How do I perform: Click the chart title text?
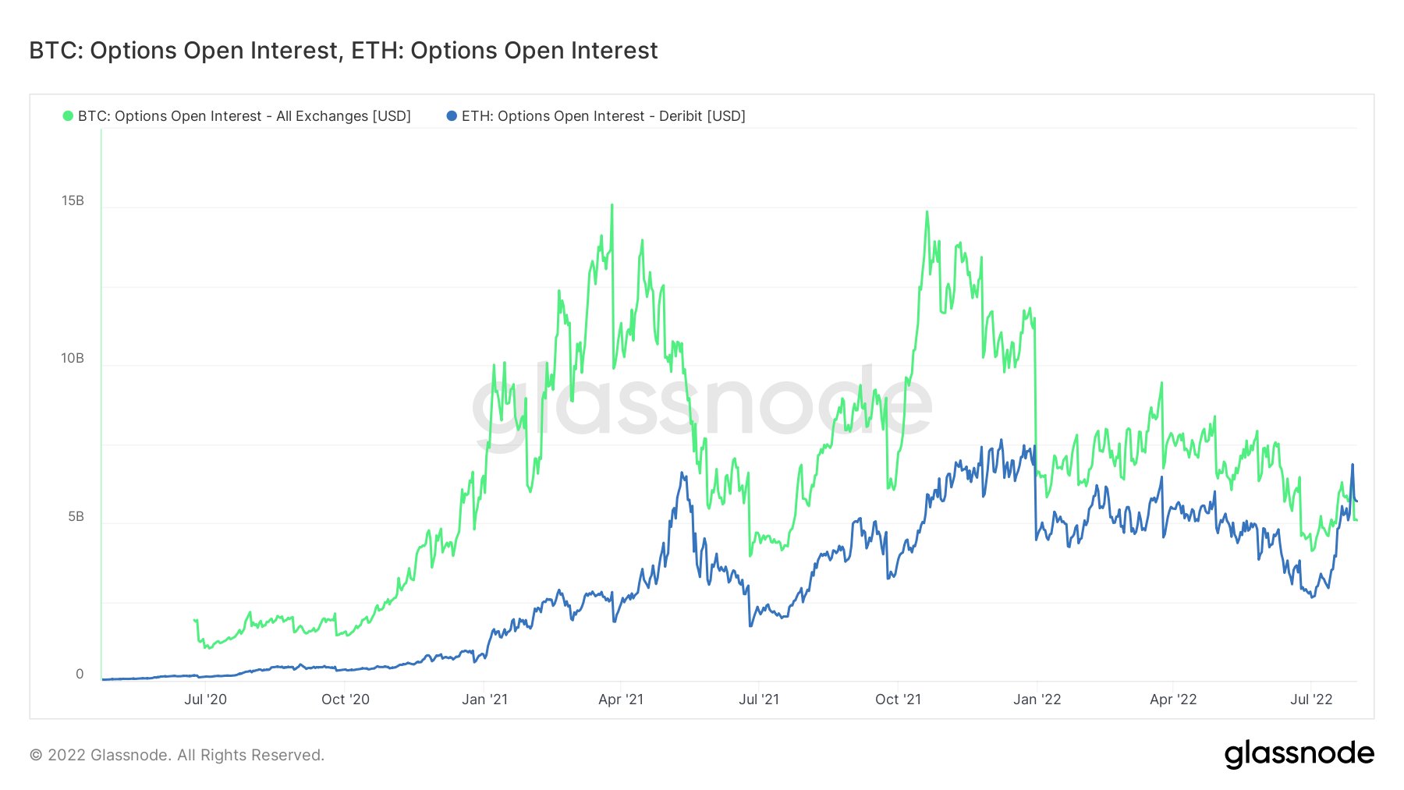343,51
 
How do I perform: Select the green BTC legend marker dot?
68,116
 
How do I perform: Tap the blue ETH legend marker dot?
452,116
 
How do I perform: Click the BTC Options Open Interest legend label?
244,116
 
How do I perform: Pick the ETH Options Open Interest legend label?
603,116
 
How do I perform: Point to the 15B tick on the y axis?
73,201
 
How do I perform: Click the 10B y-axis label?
73,359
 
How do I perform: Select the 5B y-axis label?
76,517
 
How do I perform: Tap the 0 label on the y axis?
80,675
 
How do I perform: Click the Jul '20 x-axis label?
205,700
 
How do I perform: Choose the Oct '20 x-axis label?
346,700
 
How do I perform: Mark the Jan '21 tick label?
484,700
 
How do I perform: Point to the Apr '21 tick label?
621,700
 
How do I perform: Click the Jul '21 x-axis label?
759,700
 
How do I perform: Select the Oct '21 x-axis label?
898,700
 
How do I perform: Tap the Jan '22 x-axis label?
1037,700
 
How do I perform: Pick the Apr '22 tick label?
1173,700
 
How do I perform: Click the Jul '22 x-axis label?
1311,700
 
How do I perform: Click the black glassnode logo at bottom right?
1299,754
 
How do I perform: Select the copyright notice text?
177,755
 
